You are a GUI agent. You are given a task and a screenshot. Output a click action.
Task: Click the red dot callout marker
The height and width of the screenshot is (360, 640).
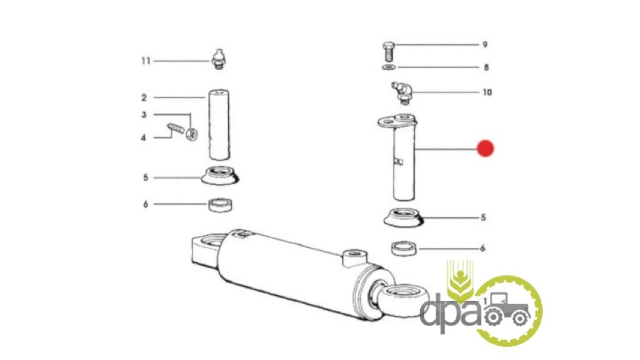point(485,148)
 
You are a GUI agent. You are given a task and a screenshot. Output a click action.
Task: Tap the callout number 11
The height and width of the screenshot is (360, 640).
point(146,61)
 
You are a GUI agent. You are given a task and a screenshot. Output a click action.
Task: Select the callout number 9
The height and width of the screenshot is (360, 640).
point(485,44)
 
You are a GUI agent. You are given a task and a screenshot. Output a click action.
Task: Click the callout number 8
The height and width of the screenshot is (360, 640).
point(486,67)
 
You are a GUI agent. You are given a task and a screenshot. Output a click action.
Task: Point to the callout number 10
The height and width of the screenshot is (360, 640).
point(487,92)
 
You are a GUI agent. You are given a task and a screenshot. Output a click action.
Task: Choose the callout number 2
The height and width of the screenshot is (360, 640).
point(144,98)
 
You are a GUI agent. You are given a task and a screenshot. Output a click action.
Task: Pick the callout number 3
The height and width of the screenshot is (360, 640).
point(144,115)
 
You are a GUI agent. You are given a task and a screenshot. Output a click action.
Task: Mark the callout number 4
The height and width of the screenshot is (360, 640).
point(143,138)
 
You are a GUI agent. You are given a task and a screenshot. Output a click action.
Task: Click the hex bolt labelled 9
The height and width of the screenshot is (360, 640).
point(389,51)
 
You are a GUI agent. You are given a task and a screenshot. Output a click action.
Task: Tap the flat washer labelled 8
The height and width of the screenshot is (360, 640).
point(389,67)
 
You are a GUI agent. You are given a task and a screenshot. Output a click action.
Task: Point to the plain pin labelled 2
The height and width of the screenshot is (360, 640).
point(219,125)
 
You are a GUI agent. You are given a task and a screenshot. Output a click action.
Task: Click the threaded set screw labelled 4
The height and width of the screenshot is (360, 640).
point(176,128)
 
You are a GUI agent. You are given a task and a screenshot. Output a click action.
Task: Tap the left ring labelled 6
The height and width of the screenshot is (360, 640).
point(221,205)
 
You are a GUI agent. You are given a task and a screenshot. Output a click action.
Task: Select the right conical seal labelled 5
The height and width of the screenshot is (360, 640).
point(403,218)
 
